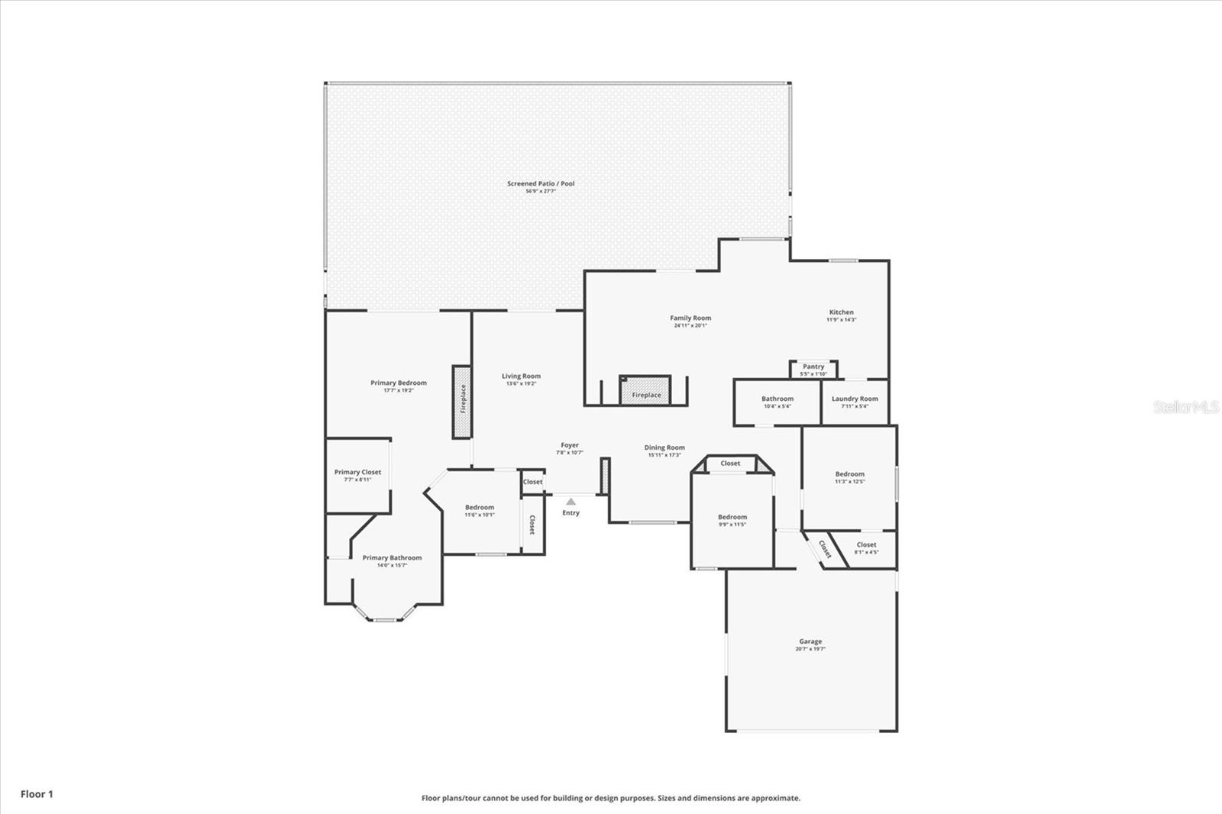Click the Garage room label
pyautogui.click(x=810, y=641)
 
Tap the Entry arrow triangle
pyautogui.click(x=571, y=502)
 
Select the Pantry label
pyautogui.click(x=813, y=367)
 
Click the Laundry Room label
pyautogui.click(x=855, y=399)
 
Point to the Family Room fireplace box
pyautogui.click(x=645, y=390)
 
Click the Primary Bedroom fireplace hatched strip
pyautogui.click(x=462, y=402)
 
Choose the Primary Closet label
pyautogui.click(x=357, y=472)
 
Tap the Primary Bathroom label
pyautogui.click(x=392, y=557)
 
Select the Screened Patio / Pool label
pyautogui.click(x=541, y=183)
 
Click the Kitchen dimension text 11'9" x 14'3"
pyautogui.click(x=841, y=320)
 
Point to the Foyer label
pyautogui.click(x=570, y=444)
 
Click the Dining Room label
pyautogui.click(x=664, y=447)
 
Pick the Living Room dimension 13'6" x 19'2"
pyautogui.click(x=521, y=383)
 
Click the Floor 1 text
pyautogui.click(x=37, y=794)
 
